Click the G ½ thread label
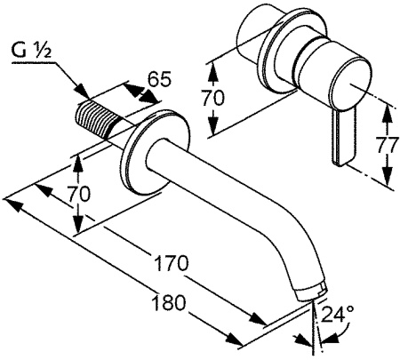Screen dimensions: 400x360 pyautogui.click(x=31, y=51)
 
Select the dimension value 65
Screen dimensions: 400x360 pyautogui.click(x=159, y=79)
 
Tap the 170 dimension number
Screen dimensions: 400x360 pyautogui.click(x=172, y=263)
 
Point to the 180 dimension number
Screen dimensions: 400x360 pyautogui.click(x=168, y=303)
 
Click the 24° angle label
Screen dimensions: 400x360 pyautogui.click(x=338, y=314)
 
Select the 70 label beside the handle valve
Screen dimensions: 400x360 pyautogui.click(x=213, y=98)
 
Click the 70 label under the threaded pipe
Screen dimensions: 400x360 pyautogui.click(x=78, y=194)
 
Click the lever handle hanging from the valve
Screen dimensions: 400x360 pyautogui.click(x=343, y=137)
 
